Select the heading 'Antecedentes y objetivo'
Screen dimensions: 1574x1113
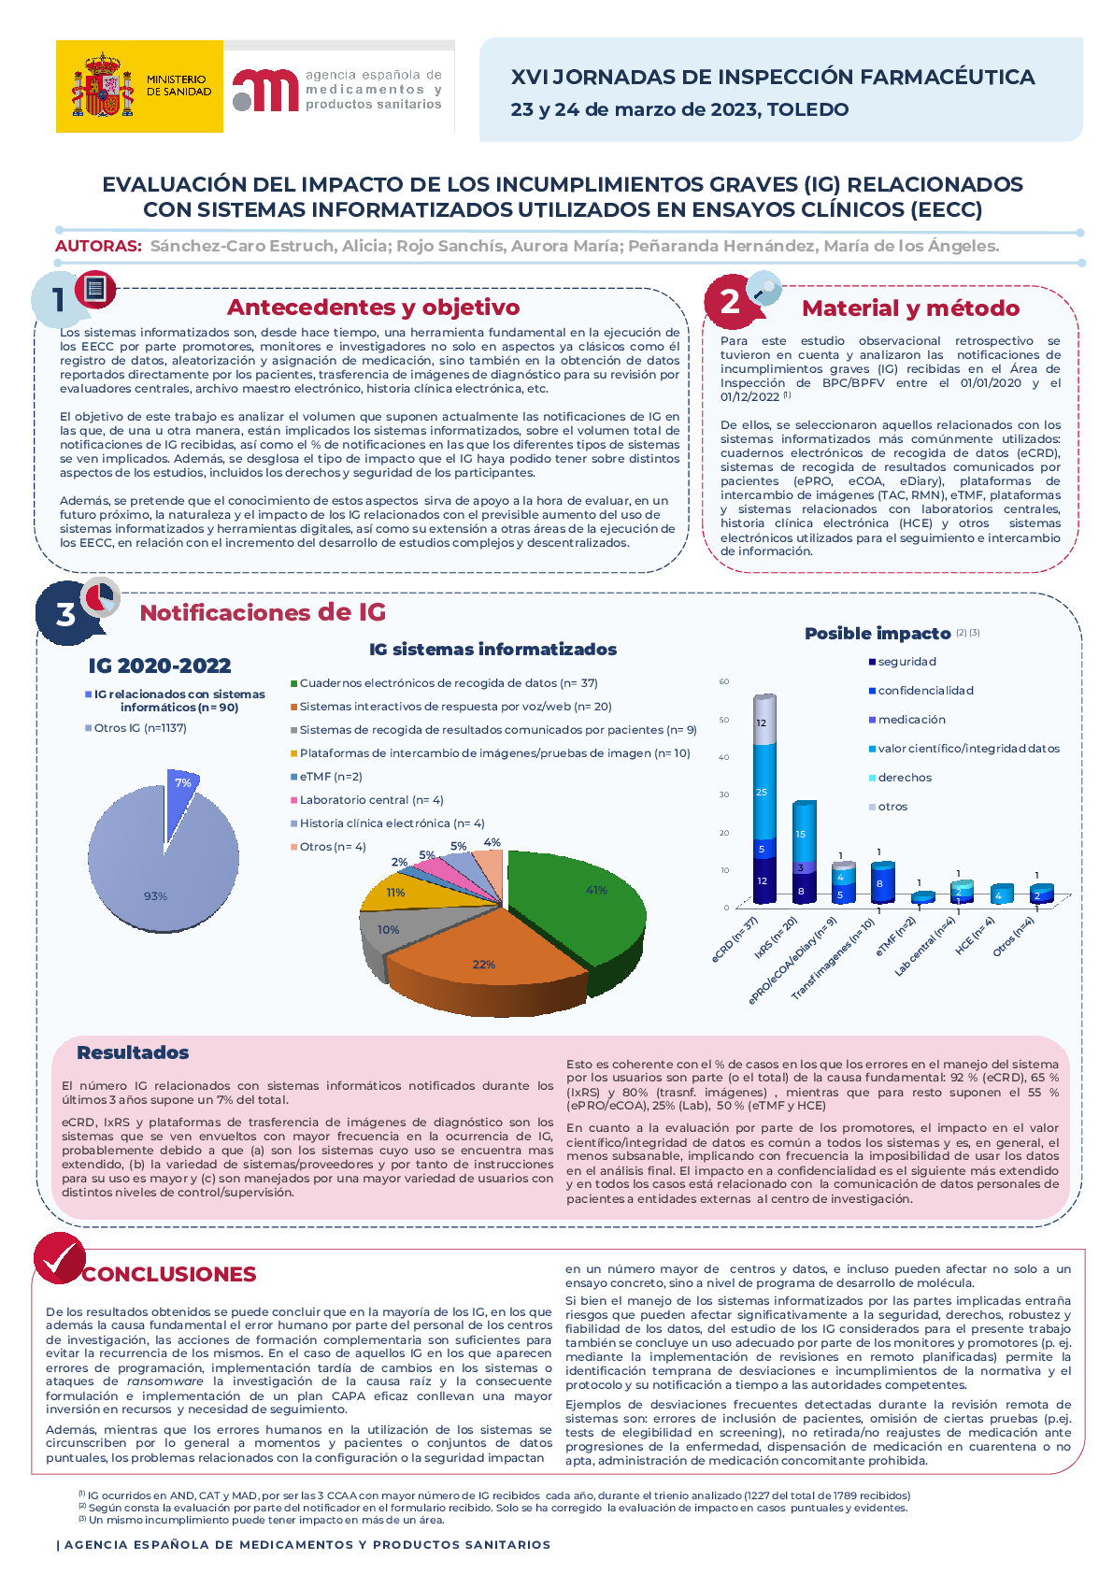(373, 308)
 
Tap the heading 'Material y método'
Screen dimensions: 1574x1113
(910, 308)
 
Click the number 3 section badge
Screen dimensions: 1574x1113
(64, 614)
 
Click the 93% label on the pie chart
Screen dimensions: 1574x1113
(155, 896)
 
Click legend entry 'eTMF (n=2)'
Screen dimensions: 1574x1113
(330, 777)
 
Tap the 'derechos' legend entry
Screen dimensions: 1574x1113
(904, 778)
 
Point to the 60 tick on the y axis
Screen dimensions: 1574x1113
(724, 681)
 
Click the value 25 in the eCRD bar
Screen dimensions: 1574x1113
(762, 792)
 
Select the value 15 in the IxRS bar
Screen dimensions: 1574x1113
(801, 834)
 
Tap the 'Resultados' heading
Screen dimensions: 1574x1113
(133, 1052)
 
